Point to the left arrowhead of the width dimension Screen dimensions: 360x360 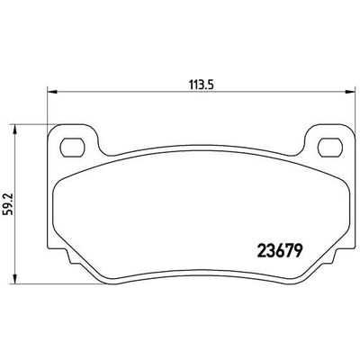point(49,91)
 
